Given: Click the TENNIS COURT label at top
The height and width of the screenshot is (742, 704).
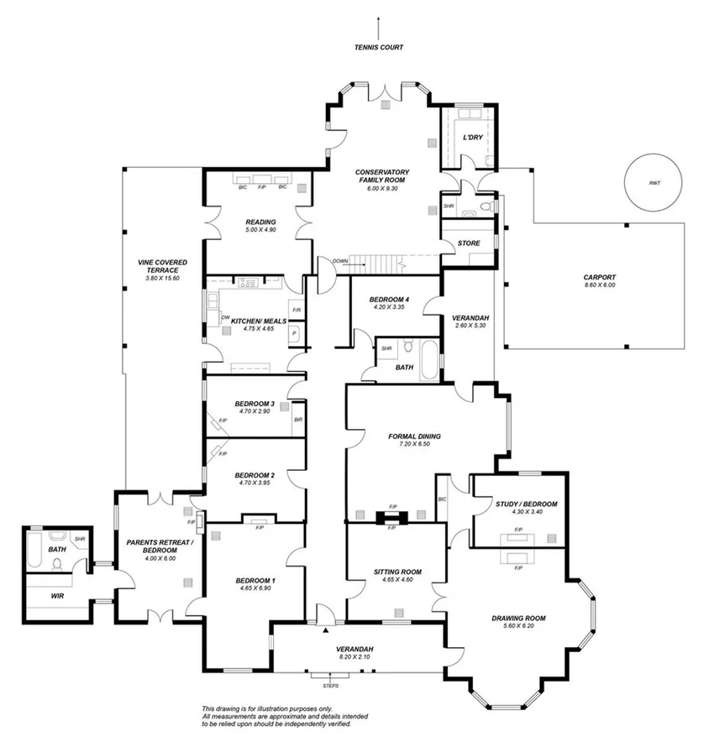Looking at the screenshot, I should [x=378, y=48].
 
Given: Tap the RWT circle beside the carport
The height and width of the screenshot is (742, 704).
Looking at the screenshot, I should [x=654, y=181].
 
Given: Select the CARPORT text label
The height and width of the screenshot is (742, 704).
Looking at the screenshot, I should [x=600, y=277].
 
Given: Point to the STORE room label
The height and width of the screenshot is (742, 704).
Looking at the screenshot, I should [x=469, y=244].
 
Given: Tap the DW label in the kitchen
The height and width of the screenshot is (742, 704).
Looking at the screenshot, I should [x=213, y=316].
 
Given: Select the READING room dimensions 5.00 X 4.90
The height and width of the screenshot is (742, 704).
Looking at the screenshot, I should [x=260, y=230].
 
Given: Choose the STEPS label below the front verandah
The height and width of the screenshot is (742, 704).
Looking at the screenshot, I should [x=321, y=686].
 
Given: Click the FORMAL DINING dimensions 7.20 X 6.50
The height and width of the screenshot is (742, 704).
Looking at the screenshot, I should [x=414, y=445].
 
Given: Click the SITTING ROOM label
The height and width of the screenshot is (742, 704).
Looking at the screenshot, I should [x=397, y=572].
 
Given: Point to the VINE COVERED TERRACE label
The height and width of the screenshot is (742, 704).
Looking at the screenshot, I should [x=163, y=266].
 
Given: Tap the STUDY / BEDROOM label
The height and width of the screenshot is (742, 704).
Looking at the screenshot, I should [x=521, y=504].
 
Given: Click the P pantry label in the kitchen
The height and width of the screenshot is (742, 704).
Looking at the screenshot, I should [x=294, y=333].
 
